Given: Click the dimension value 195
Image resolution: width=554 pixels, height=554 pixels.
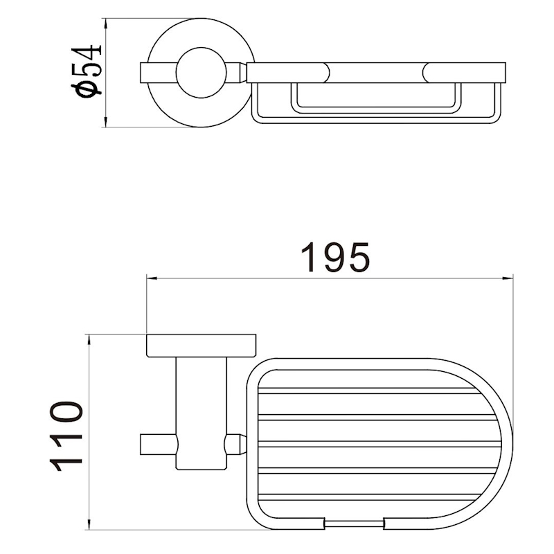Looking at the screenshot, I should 336,258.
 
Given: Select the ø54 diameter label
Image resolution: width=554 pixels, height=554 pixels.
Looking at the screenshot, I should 89,71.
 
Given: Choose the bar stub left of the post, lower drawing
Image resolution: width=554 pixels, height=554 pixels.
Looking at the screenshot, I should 158,444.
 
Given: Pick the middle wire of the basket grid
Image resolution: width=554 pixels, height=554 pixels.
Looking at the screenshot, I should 377,444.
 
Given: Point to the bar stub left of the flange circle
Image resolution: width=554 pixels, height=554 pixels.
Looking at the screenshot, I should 157,72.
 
